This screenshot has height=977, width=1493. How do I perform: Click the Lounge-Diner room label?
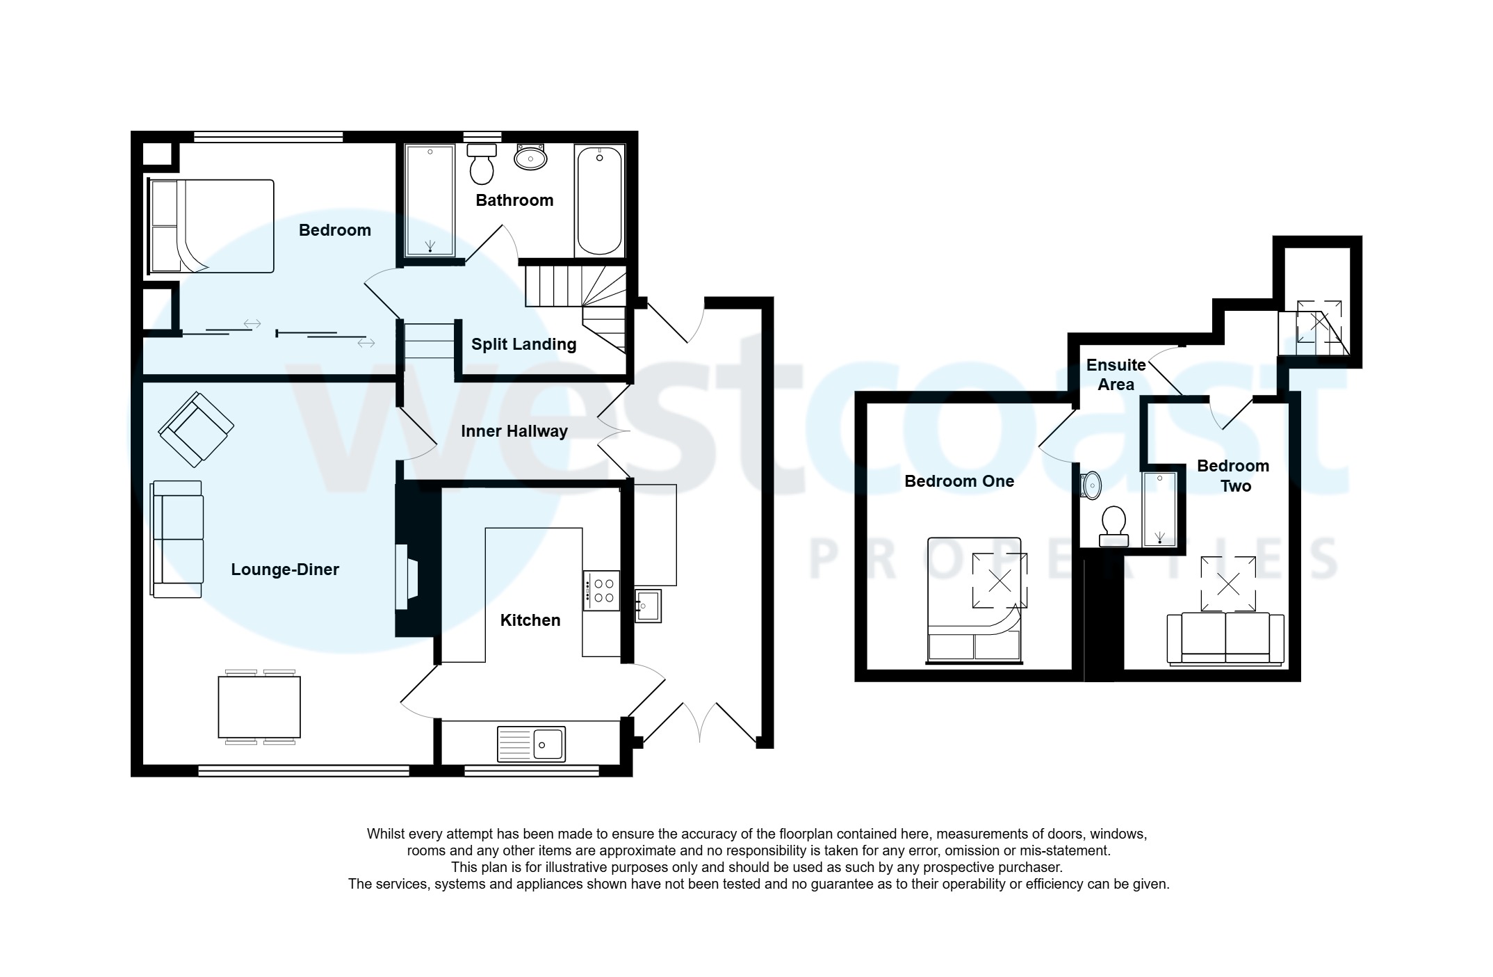(x=284, y=570)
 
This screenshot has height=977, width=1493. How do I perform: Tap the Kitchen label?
(x=530, y=620)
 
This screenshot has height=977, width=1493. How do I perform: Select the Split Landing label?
(x=523, y=344)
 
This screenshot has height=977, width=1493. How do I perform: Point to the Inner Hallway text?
(x=514, y=431)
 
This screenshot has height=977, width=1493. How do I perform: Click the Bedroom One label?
(x=958, y=481)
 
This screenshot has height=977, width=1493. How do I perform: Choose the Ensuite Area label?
(x=1115, y=374)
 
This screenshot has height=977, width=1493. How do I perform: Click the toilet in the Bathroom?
(x=481, y=164)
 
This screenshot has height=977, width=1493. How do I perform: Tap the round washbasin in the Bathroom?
(x=530, y=159)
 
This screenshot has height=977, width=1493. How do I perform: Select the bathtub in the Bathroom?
(x=599, y=200)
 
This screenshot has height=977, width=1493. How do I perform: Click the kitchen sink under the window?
(x=531, y=744)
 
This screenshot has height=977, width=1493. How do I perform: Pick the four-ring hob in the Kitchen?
(x=601, y=591)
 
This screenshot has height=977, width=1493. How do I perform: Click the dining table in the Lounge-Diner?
(x=259, y=707)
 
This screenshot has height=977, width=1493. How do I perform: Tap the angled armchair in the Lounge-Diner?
(x=196, y=429)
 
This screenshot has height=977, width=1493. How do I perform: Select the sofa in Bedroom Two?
(x=1225, y=638)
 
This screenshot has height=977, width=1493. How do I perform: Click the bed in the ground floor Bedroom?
(x=211, y=226)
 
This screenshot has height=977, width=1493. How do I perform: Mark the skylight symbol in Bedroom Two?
(x=1228, y=584)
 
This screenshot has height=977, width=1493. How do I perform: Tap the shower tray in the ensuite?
(x=1159, y=509)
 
